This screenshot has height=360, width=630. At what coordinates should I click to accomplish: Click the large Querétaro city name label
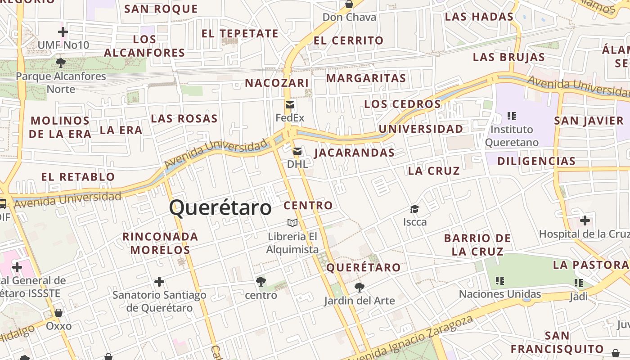point(220,208)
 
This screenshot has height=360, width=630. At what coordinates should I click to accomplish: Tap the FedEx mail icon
point(290,105)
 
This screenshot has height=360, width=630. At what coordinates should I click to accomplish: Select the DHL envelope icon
point(297,151)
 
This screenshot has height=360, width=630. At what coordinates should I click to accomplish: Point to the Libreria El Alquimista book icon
point(292,223)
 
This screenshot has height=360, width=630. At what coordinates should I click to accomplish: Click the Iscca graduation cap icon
point(414,209)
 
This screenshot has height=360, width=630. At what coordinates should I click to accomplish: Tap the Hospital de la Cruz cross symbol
point(585,220)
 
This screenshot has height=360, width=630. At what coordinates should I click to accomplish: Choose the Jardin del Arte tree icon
point(359,287)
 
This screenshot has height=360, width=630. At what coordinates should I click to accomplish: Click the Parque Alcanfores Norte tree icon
point(61,63)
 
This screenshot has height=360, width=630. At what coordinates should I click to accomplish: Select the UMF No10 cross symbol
point(63,32)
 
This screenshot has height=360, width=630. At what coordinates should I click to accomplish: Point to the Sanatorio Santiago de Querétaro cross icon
point(159,282)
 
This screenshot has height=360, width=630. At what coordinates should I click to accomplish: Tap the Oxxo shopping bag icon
point(58,312)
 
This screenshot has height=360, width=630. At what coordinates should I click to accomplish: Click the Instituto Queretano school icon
point(511,116)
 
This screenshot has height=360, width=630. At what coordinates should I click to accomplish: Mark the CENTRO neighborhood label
point(308,206)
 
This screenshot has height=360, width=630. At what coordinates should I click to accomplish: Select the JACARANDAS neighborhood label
point(355,153)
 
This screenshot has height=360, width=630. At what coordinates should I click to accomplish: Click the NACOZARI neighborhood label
point(277,83)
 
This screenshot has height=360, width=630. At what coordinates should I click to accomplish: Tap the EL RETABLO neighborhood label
point(78,176)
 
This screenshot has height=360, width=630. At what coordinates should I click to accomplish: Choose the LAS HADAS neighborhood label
point(479,17)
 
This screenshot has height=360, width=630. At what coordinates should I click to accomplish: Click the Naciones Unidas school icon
point(499,281)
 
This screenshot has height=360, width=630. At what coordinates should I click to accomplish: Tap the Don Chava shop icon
point(349,4)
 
